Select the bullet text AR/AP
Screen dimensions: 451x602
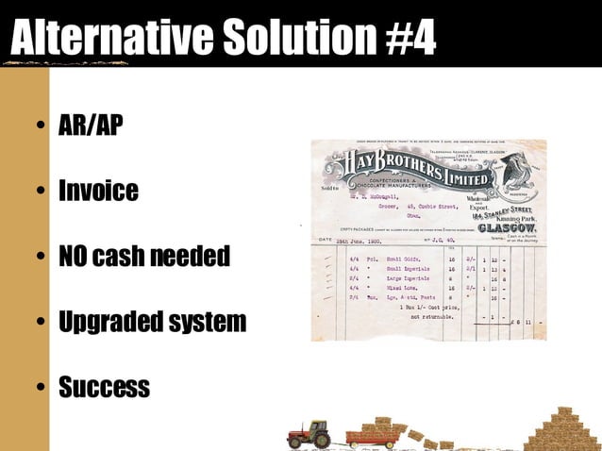pyautogui.click(x=91, y=125)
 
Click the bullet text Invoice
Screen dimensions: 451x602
pyautogui.click(x=98, y=191)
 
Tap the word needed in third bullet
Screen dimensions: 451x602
pyautogui.click(x=192, y=256)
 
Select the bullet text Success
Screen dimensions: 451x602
pyautogui.click(x=104, y=387)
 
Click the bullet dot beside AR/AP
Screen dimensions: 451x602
pyautogui.click(x=40, y=126)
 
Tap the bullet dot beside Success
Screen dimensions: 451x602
pyautogui.click(x=40, y=388)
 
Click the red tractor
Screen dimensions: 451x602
pyautogui.click(x=309, y=435)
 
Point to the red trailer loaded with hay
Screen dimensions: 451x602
pyautogui.click(x=372, y=435)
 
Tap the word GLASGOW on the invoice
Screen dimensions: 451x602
pyautogui.click(x=509, y=227)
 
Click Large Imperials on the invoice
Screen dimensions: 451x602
pyautogui.click(x=408, y=279)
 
